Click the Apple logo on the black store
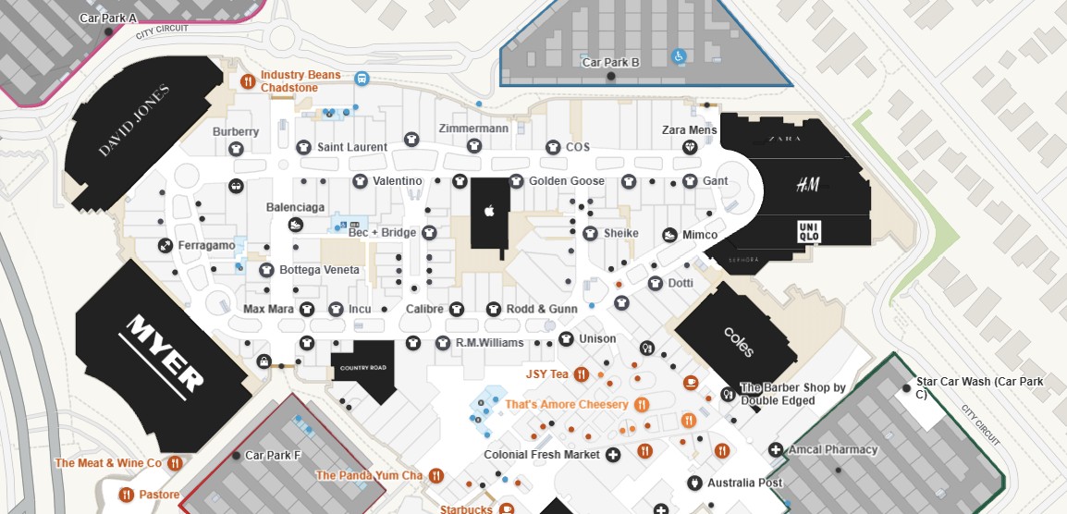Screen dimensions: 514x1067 [490, 211]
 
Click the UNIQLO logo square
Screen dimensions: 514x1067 [809, 232]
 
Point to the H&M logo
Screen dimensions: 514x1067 [808, 186]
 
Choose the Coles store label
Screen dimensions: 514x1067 [739, 341]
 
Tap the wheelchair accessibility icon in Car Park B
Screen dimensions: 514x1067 [679, 56]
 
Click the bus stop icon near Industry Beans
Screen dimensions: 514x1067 [362, 80]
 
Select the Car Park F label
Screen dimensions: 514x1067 [273, 456]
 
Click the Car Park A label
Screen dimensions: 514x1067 [108, 18]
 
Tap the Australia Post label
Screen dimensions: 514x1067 [744, 483]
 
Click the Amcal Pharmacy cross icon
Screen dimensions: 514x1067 [775, 450]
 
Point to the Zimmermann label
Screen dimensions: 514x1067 [473, 128]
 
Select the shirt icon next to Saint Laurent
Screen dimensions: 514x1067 [303, 147]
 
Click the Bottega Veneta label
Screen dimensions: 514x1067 [320, 270]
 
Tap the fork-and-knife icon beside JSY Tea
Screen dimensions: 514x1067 [582, 374]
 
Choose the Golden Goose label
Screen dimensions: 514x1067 [566, 181]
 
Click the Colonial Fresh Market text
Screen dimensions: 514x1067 [542, 455]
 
